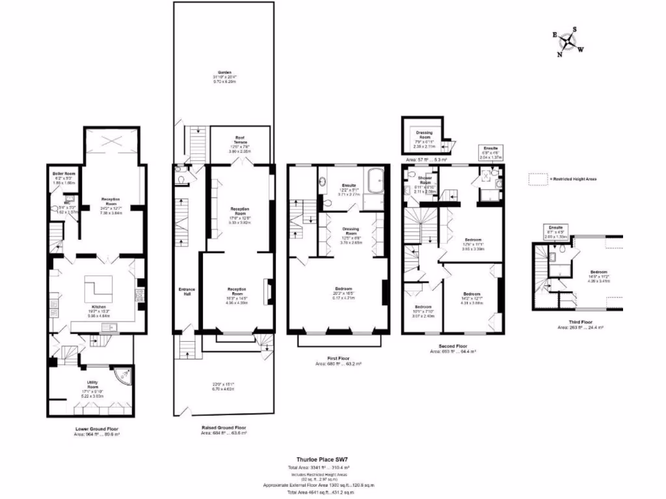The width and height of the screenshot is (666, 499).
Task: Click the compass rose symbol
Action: point(568,42)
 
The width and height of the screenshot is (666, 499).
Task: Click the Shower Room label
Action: point(425,179)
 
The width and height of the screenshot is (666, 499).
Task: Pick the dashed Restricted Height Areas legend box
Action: point(537,177)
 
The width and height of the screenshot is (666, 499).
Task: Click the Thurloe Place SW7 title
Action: point(319,459)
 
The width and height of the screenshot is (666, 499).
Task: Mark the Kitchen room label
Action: point(98,305)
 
